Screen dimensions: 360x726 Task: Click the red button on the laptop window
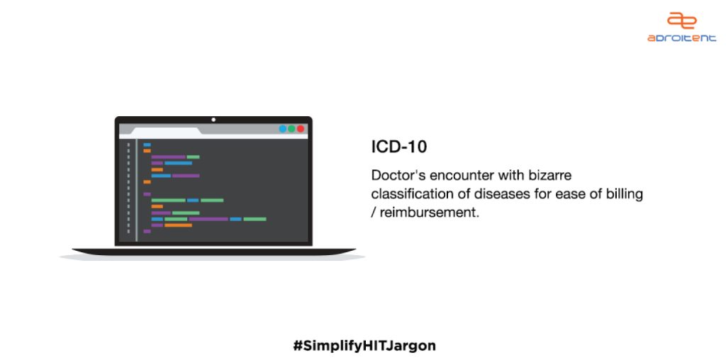(301, 129)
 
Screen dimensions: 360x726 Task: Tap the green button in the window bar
(291, 129)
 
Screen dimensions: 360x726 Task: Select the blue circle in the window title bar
(282, 129)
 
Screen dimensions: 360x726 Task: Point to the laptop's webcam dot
(213, 120)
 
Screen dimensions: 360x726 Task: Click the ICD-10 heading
(399, 147)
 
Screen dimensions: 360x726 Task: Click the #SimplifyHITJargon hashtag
(364, 346)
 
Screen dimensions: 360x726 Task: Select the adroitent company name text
(681, 38)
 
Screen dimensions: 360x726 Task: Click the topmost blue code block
(147, 145)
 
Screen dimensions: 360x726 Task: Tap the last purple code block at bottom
(147, 231)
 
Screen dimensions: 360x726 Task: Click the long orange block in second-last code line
(178, 225)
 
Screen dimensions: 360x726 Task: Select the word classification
(411, 193)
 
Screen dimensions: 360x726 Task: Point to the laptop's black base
(213, 252)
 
